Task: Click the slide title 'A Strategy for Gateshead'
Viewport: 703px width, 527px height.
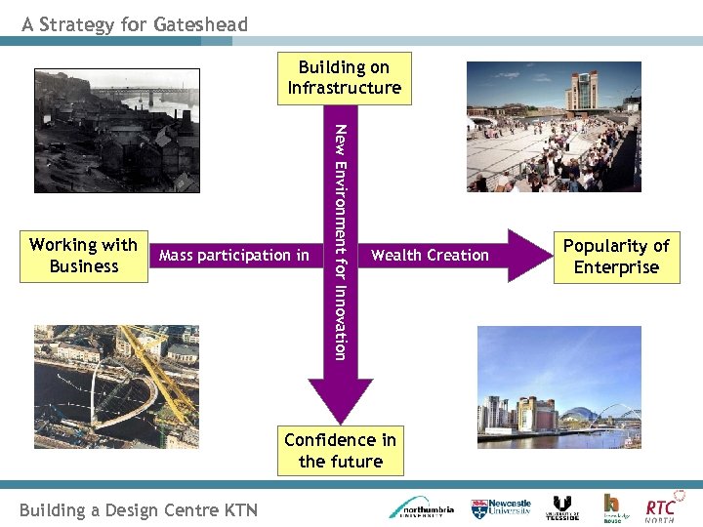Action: (136, 24)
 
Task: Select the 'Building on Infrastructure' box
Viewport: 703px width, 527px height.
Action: (344, 78)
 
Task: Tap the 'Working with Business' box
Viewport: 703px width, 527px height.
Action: (83, 256)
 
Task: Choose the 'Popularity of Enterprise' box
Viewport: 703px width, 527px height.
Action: (616, 258)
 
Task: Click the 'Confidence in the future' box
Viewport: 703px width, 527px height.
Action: (340, 450)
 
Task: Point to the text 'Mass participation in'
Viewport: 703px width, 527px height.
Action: (234, 256)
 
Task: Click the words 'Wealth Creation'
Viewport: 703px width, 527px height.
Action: (430, 256)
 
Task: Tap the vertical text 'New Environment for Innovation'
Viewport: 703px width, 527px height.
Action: (340, 242)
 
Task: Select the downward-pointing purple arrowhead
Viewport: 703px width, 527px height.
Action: (340, 400)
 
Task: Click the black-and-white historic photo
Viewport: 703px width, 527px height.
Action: (117, 131)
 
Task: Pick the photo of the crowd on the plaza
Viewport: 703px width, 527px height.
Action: (554, 127)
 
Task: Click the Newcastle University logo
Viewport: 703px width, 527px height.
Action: (502, 507)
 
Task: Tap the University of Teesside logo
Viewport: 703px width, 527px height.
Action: (562, 507)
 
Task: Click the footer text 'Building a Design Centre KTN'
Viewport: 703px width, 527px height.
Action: (139, 509)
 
